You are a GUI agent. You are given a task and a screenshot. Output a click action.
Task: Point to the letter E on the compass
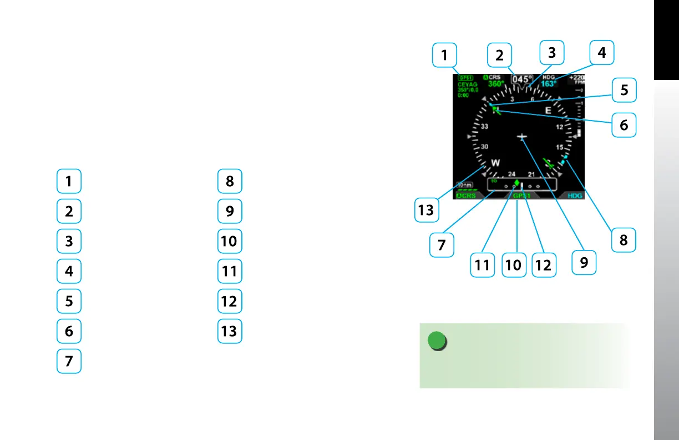(548, 111)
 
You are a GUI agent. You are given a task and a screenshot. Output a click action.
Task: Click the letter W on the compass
(496, 163)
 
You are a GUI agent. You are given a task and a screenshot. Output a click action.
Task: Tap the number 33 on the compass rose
(484, 127)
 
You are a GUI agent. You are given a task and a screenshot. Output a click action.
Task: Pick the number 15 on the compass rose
(560, 147)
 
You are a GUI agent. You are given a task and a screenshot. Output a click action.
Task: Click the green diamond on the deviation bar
(516, 183)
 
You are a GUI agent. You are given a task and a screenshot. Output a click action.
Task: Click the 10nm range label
(464, 184)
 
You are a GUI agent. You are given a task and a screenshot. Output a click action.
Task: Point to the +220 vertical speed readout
(577, 78)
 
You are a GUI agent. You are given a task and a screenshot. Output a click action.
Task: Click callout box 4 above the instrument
(602, 54)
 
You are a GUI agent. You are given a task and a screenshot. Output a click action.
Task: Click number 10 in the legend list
(229, 242)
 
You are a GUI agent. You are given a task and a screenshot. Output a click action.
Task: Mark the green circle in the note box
(438, 341)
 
